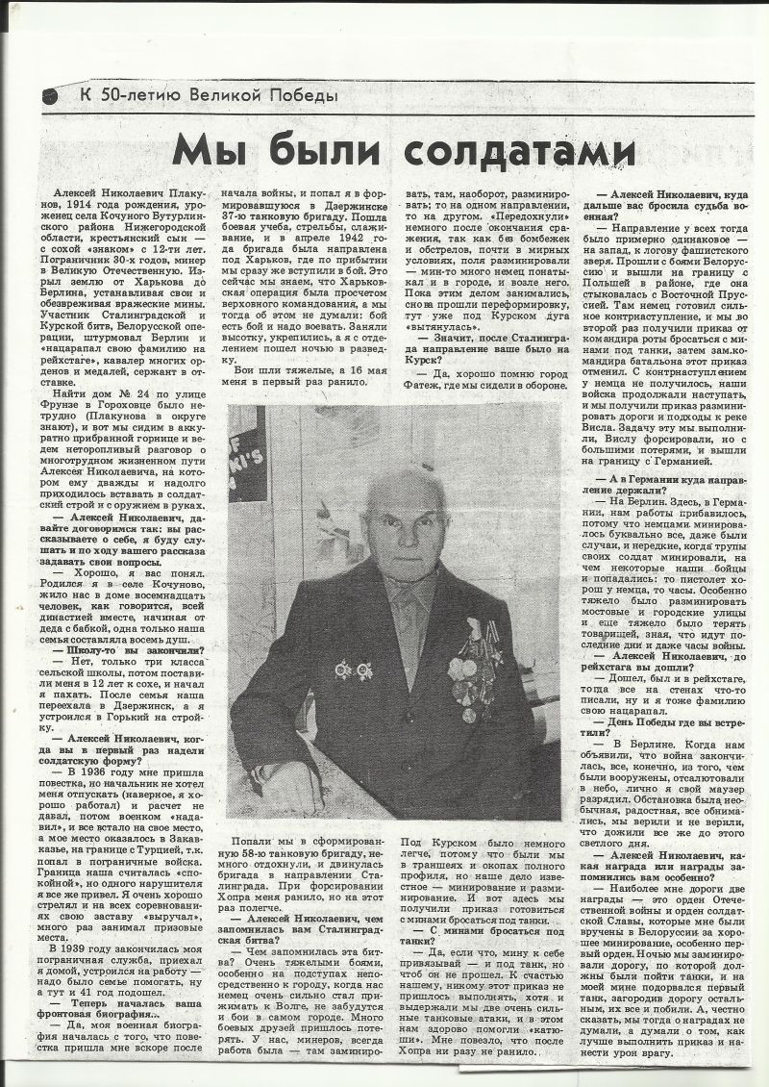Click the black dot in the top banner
click(50, 95)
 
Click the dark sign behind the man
click(248, 453)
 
